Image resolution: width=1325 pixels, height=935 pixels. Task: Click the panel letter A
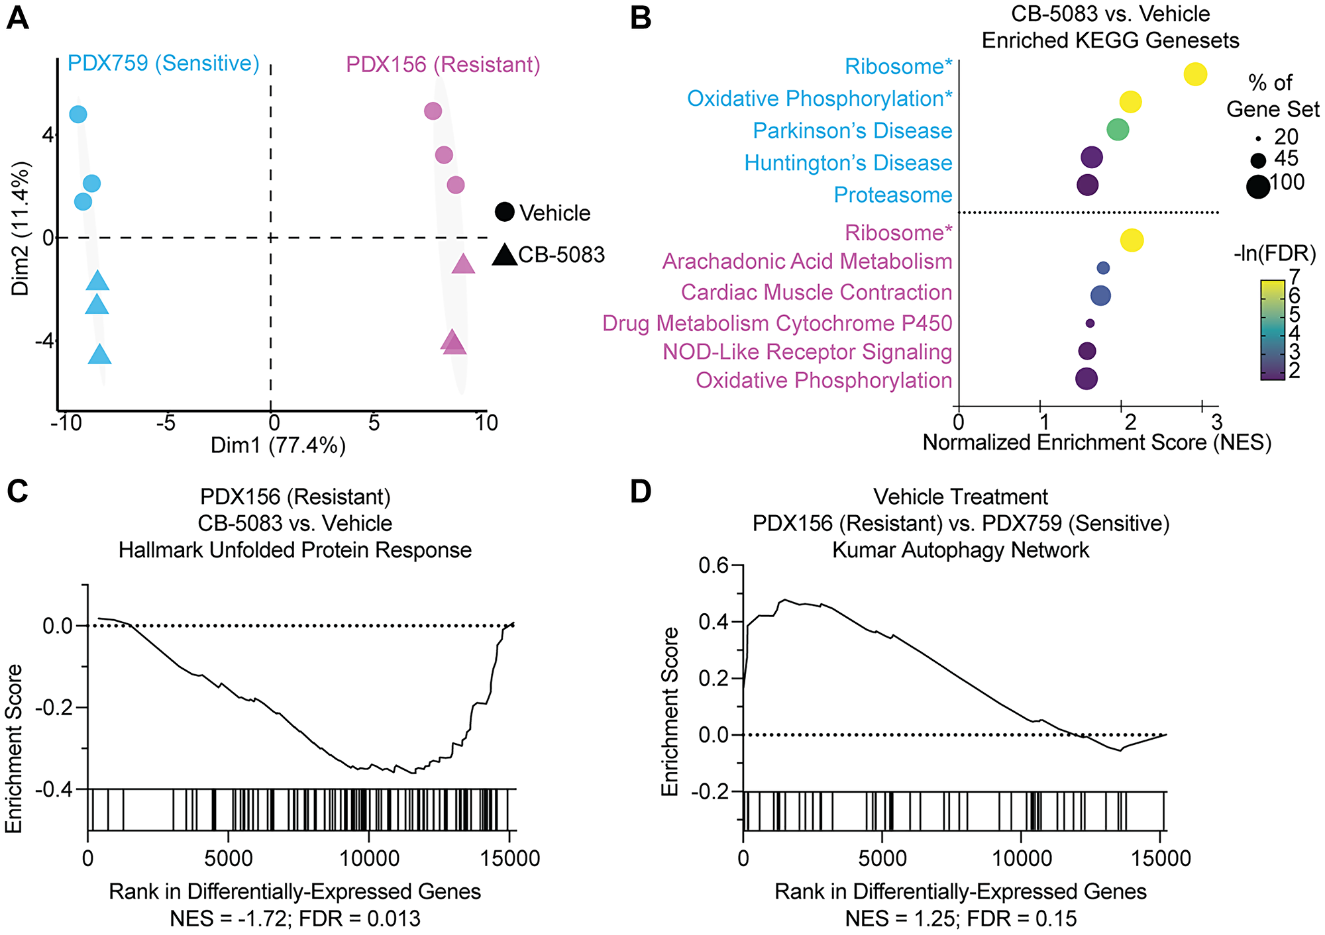pyautogui.click(x=18, y=18)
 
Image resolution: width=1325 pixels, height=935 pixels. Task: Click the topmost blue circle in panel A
pyautogui.click(x=78, y=114)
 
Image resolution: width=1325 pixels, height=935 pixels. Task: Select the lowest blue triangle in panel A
pyautogui.click(x=100, y=356)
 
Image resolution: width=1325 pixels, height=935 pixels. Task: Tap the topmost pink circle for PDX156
pyautogui.click(x=433, y=111)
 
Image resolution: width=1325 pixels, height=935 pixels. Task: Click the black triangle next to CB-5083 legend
pyautogui.click(x=505, y=255)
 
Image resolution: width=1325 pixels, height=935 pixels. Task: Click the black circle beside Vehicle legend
pyautogui.click(x=505, y=212)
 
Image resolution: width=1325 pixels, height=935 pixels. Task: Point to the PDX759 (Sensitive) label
pyautogui.click(x=164, y=64)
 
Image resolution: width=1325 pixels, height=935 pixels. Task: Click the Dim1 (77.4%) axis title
pyautogui.click(x=278, y=445)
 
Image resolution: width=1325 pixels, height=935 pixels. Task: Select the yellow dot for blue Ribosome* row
pyautogui.click(x=1195, y=74)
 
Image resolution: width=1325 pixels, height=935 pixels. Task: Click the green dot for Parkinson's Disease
pyautogui.click(x=1118, y=129)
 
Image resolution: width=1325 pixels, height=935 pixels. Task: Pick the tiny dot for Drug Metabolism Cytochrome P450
pyautogui.click(x=1090, y=323)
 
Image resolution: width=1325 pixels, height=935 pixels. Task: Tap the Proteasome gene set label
pyautogui.click(x=892, y=195)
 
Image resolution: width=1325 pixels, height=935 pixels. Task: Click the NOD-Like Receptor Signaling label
pyautogui.click(x=807, y=352)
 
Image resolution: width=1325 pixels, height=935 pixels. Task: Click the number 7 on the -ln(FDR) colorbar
pyautogui.click(x=1294, y=276)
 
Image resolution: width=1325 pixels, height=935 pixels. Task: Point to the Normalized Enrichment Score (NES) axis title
pyautogui.click(x=1096, y=442)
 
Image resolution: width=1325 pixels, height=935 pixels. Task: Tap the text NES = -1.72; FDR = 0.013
pyautogui.click(x=295, y=919)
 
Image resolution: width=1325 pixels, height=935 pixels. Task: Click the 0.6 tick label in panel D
pyautogui.click(x=713, y=566)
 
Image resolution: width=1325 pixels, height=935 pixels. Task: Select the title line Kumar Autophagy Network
pyautogui.click(x=961, y=550)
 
